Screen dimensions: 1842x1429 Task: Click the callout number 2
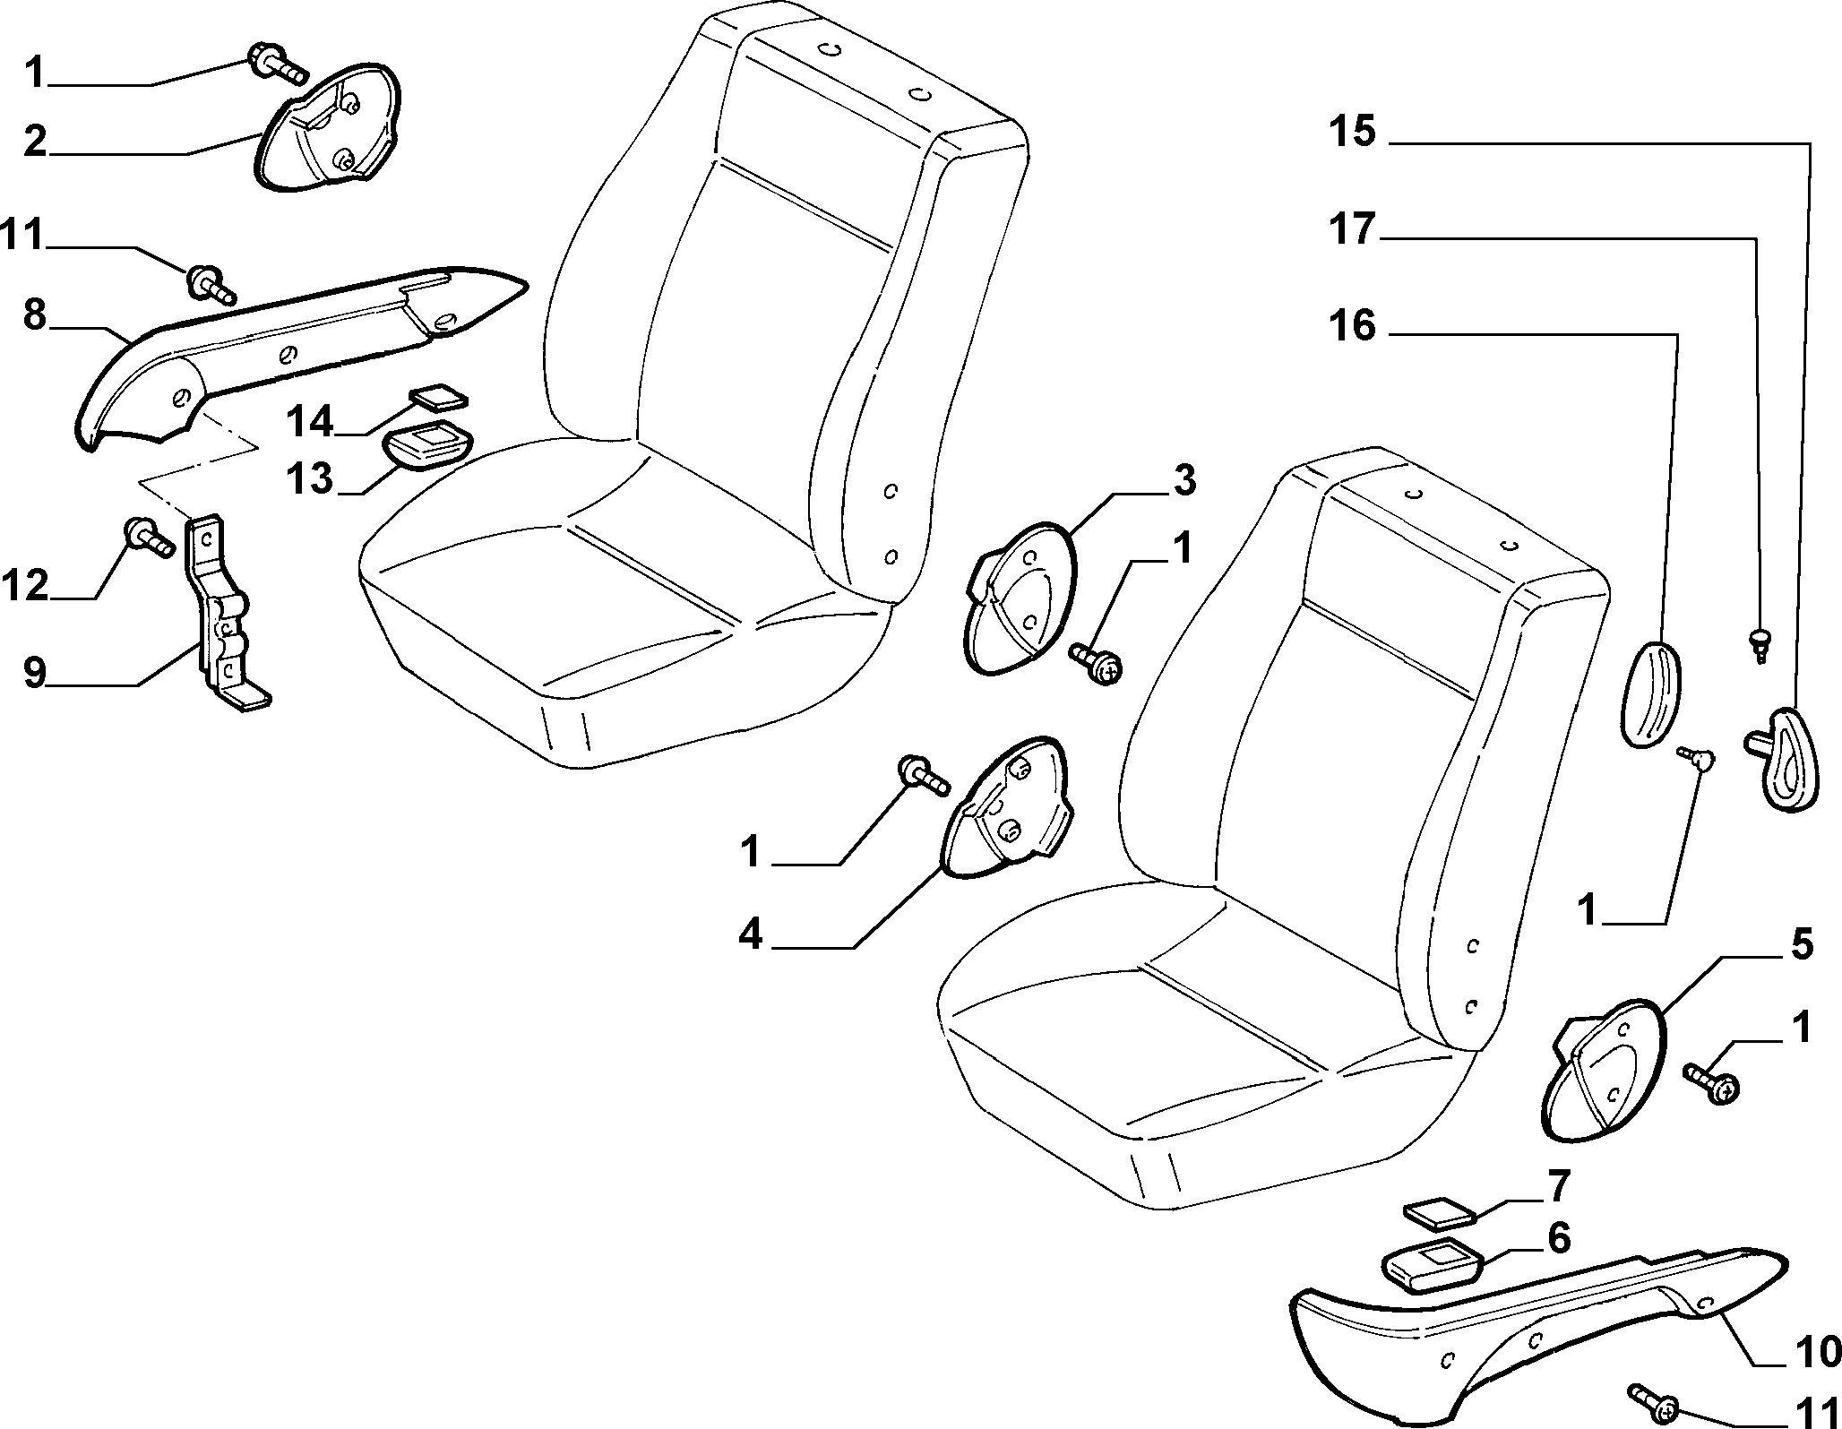point(35,143)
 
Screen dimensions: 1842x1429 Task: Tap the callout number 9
point(35,672)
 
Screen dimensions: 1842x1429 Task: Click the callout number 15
point(1352,132)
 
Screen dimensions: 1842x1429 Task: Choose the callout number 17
point(1352,229)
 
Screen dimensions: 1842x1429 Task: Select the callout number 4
point(751,935)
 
